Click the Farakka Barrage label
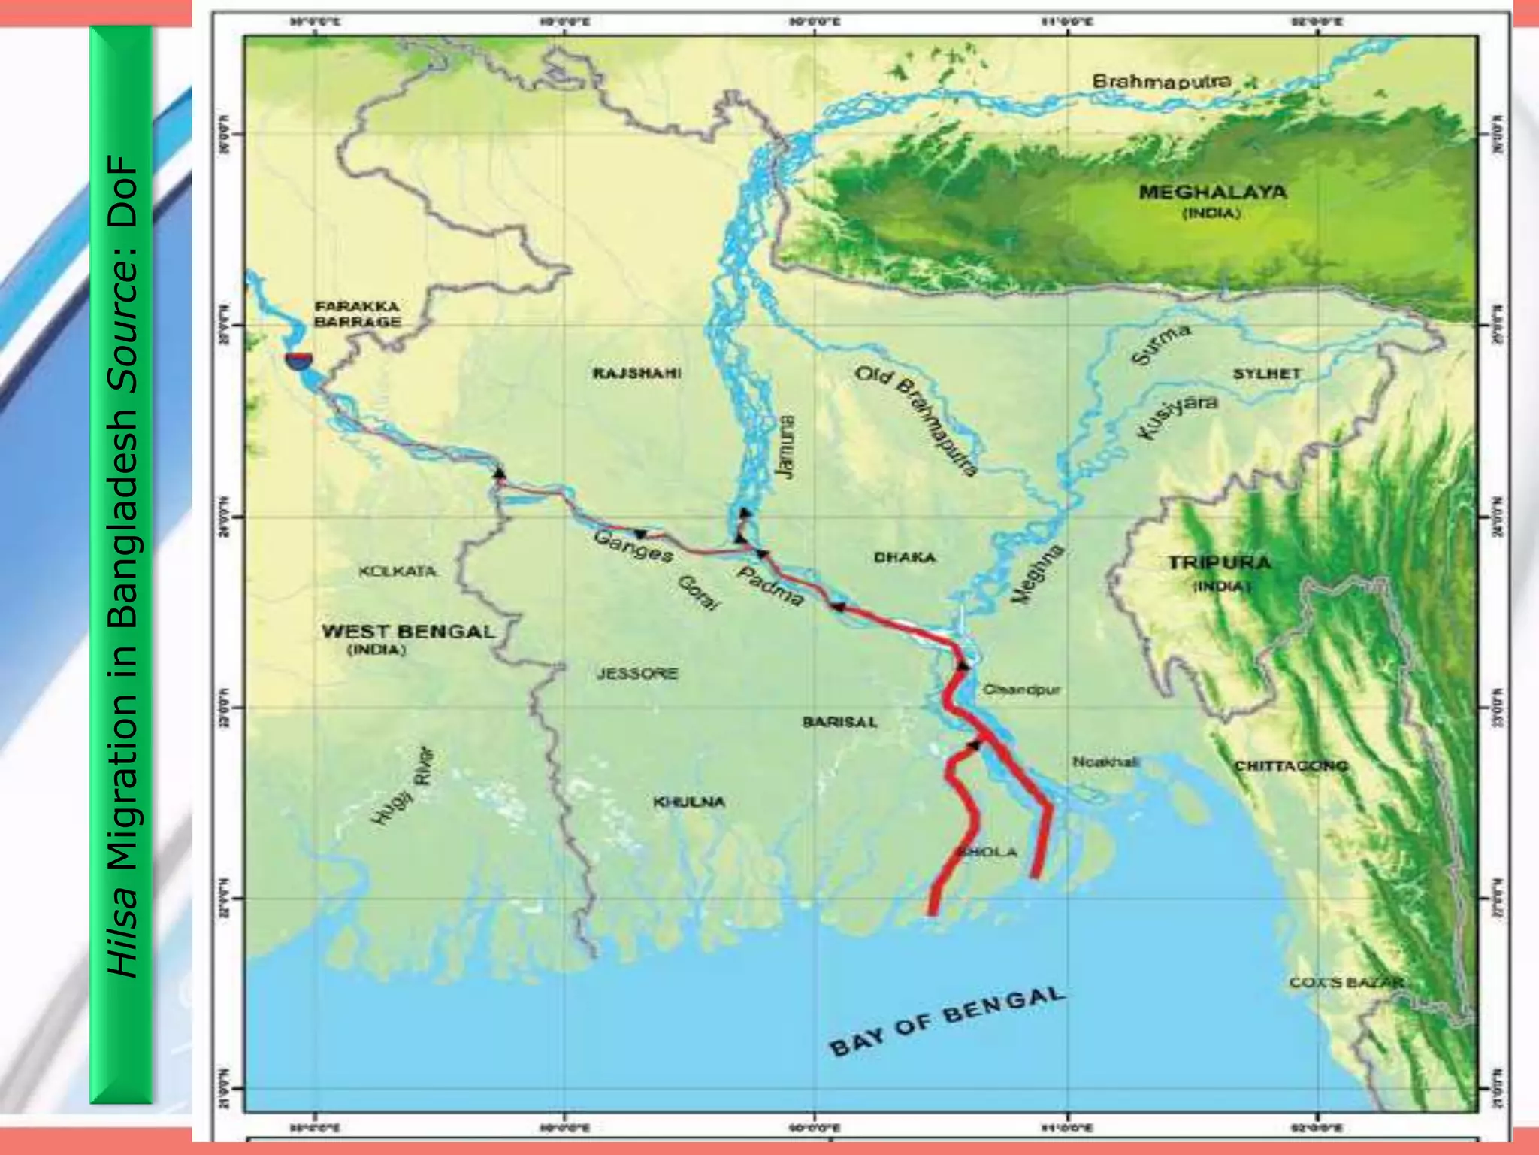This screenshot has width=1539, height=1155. pos(357,314)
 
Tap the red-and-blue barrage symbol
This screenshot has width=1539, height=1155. pos(298,360)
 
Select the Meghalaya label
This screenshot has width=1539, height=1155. pos(1212,192)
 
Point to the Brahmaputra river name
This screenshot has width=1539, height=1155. pos(1161,80)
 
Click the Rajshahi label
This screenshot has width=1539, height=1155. pos(636,373)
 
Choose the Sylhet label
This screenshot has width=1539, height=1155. pos(1266,374)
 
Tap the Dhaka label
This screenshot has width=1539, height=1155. pos(905,557)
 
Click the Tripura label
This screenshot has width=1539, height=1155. pos(1220,562)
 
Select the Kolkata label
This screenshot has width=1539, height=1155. pos(398,571)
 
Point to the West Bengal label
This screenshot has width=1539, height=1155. pos(408,632)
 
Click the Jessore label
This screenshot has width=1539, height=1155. pos(637,673)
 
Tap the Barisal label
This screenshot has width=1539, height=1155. pos(839,722)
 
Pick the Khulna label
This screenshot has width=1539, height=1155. pos(689,802)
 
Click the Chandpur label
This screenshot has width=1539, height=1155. pos(1021,689)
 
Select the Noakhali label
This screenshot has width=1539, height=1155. pos(1105,762)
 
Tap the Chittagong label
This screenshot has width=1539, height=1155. pos(1291,765)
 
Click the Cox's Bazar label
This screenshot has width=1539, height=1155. pos(1346,982)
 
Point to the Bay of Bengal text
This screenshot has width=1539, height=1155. pos(947,1020)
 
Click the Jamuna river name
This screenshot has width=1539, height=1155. pos(785,447)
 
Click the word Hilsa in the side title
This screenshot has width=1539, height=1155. pos(122,933)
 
